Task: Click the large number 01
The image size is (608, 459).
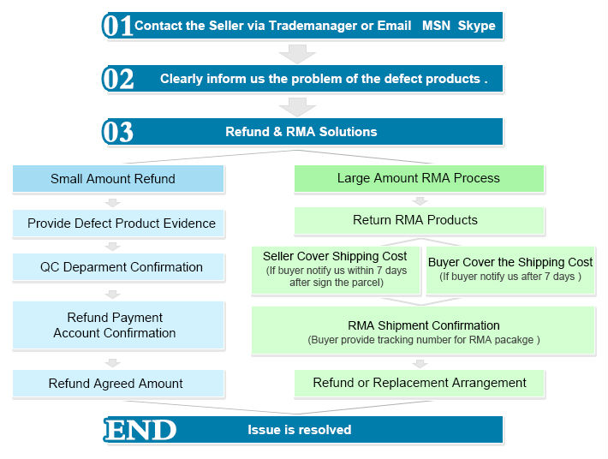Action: pyautogui.click(x=117, y=26)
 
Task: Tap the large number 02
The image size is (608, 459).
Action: pyautogui.click(x=118, y=79)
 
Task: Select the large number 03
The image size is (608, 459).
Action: pyautogui.click(x=118, y=132)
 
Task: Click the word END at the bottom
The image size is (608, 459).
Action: pyautogui.click(x=140, y=430)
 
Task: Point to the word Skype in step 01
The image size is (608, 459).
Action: pyautogui.click(x=476, y=26)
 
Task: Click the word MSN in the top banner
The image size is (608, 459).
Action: pyautogui.click(x=436, y=26)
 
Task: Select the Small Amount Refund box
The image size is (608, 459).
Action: pyautogui.click(x=118, y=179)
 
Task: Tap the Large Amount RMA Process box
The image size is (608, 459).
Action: pyautogui.click(x=419, y=178)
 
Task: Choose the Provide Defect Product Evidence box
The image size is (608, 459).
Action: pyautogui.click(x=118, y=224)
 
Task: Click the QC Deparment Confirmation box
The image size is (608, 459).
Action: pyautogui.click(x=118, y=267)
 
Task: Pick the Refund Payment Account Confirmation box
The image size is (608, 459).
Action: pyautogui.click(x=118, y=325)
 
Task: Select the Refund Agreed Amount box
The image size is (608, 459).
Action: pyautogui.click(x=118, y=384)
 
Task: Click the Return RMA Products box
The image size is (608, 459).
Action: pyautogui.click(x=419, y=220)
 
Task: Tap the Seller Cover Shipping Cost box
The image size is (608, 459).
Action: pyautogui.click(x=336, y=271)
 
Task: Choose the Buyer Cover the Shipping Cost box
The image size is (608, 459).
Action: pyautogui.click(x=510, y=271)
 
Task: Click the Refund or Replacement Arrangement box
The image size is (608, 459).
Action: pyautogui.click(x=419, y=383)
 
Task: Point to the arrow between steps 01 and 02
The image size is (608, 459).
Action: pyautogui.click(x=297, y=53)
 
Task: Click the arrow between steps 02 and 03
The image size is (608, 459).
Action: pyautogui.click(x=297, y=106)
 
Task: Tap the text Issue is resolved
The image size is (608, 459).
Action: pyautogui.click(x=300, y=430)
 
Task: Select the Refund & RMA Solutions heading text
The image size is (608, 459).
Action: pyautogui.click(x=301, y=132)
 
